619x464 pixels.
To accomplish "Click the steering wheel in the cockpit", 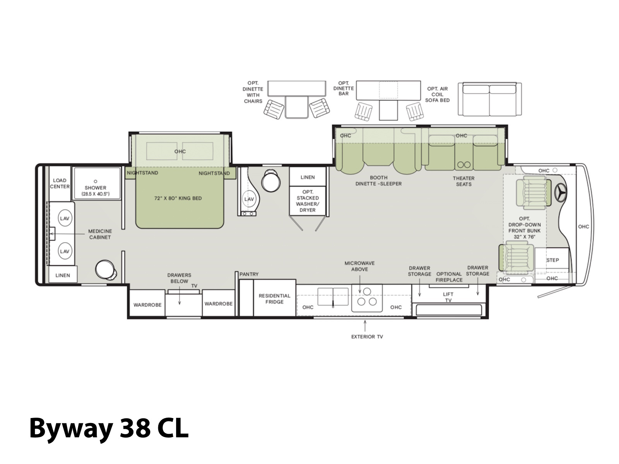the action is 560,193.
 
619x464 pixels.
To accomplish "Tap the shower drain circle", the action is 95,181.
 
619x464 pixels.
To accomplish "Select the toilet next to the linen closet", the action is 270,181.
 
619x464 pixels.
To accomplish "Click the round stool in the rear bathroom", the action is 106,270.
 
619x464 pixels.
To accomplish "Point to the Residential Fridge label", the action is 274,299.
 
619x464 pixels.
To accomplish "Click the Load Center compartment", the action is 60,183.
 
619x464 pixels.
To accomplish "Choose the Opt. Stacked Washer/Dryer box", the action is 308,201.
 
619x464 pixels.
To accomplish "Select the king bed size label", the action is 178,198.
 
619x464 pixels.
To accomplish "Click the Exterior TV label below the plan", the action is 367,337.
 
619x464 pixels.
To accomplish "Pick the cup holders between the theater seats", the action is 463,165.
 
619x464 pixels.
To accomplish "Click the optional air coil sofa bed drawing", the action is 489,99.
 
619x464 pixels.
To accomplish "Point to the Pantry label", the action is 249,274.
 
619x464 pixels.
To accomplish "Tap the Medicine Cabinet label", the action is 100,234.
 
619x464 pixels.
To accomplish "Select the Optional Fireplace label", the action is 449,277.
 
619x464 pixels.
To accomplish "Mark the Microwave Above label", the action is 359,266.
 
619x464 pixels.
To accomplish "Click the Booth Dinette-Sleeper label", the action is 378,181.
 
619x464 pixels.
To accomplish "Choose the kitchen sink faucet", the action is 333,304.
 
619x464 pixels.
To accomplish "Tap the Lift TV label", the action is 448,297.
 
